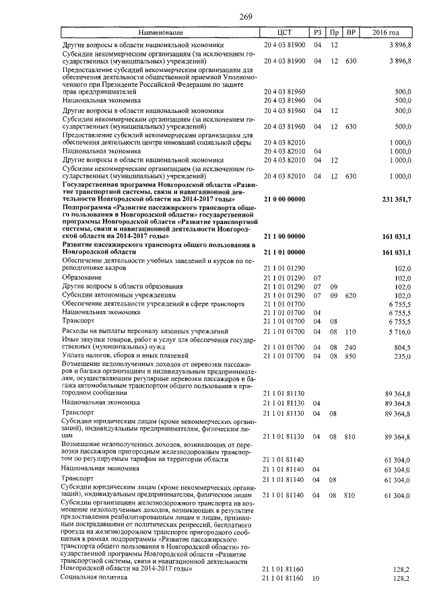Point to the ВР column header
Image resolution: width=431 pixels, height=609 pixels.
pyautogui.click(x=350, y=32)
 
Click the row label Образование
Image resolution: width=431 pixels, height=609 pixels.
pyautogui.click(x=81, y=277)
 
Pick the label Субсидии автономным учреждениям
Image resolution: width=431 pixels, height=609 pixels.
pyautogui.click(x=119, y=295)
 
